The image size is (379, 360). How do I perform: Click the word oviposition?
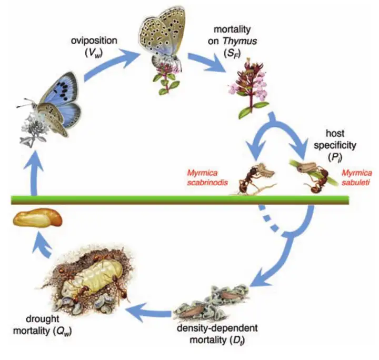click(94, 41)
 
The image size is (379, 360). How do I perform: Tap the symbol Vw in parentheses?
click(94, 53)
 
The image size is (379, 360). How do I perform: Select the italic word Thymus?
click(240, 41)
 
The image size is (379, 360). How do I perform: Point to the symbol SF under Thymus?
click(232, 53)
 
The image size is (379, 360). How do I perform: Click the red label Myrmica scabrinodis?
click(207, 177)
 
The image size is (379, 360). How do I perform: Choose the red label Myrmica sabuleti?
click(357, 177)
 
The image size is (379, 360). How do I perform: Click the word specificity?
click(335, 145)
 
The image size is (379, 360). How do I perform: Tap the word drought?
click(42, 319)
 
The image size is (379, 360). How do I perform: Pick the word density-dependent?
click(217, 328)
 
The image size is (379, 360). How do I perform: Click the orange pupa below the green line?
click(37, 218)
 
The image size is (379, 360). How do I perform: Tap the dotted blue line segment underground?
click(268, 219)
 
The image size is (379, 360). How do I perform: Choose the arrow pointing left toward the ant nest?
click(148, 313)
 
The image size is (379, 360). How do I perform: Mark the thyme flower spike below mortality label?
click(249, 87)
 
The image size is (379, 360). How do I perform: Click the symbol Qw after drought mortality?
click(62, 331)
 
